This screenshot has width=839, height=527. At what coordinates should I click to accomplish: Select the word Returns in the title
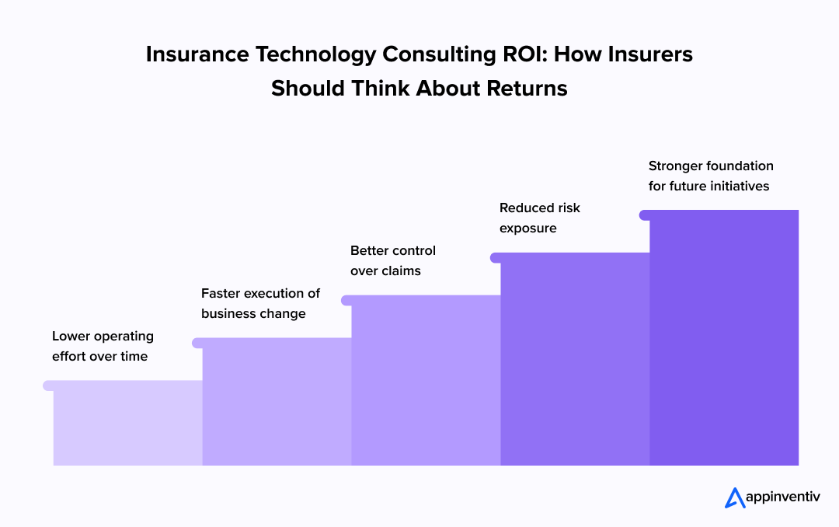pos(527,88)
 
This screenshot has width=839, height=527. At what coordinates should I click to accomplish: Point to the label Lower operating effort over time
pos(103,347)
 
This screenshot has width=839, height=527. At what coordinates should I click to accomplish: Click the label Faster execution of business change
pos(260,304)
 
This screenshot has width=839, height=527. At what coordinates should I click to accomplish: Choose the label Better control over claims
pos(393,261)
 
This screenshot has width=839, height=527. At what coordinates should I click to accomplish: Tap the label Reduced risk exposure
pos(540,218)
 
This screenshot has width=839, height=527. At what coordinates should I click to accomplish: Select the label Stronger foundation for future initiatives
pos(711,176)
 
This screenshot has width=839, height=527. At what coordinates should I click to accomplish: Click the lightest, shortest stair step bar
pos(127,424)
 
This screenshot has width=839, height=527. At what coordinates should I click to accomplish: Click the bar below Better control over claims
pos(426,381)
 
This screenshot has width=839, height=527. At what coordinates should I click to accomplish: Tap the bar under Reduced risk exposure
pos(575,359)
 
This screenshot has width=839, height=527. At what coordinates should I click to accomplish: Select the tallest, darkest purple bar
pos(724,338)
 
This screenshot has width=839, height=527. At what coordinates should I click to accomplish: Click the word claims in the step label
pos(402,271)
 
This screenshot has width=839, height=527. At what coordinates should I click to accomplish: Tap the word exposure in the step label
pos(528,229)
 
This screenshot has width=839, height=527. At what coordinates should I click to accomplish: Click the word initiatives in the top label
pos(735,186)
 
